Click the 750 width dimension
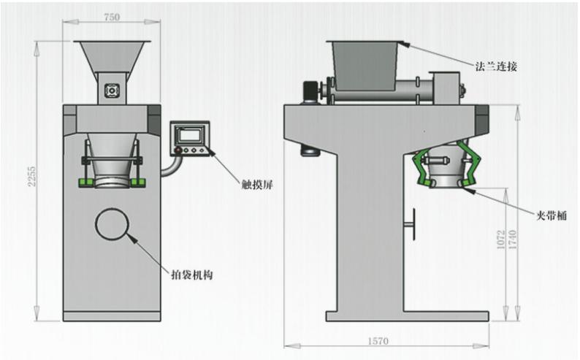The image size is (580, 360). (112, 16)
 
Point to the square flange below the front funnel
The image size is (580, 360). (112, 91)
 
